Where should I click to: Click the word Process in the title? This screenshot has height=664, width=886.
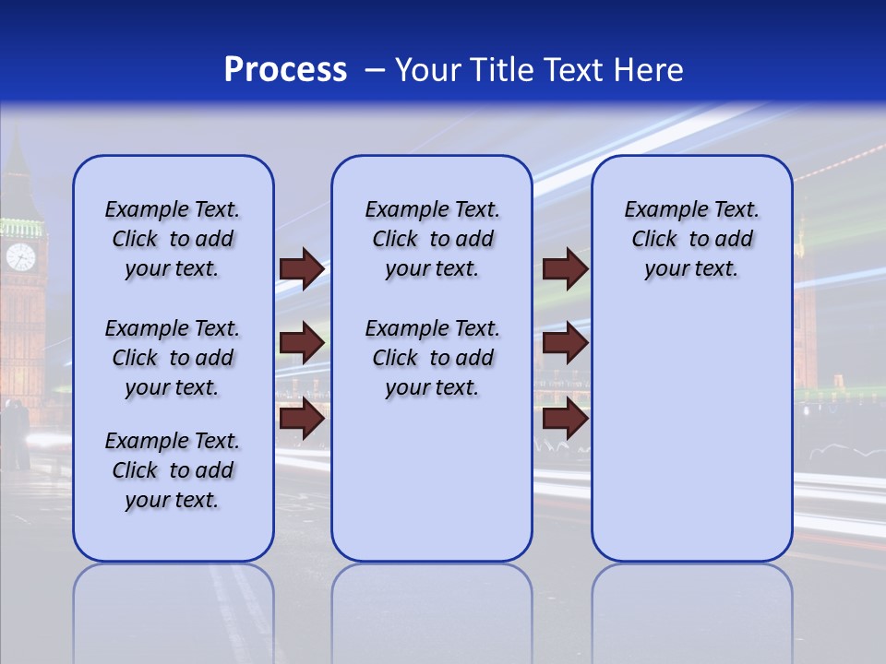(x=285, y=70)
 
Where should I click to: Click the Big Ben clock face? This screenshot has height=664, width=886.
(x=20, y=256)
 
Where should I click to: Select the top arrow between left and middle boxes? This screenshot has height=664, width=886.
(x=302, y=268)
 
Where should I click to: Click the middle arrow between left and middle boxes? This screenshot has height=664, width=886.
(x=302, y=344)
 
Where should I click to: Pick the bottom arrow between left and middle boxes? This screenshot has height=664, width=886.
(x=302, y=420)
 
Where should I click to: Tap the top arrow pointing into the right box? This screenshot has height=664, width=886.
(x=565, y=268)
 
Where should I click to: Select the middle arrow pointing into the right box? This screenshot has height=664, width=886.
(x=565, y=344)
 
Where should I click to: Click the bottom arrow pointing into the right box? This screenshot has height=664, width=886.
(x=565, y=420)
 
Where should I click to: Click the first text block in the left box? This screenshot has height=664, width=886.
(x=173, y=239)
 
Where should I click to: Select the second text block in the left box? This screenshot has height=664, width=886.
(x=173, y=358)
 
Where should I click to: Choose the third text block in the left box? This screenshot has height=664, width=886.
(x=173, y=470)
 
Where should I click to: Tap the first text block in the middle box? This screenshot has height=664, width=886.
(x=432, y=239)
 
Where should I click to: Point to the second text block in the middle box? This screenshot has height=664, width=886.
(x=432, y=358)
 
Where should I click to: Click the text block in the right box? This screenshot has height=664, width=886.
(x=691, y=239)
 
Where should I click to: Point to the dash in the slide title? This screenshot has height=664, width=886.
(x=375, y=71)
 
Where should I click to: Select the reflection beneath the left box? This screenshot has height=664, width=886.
(x=174, y=609)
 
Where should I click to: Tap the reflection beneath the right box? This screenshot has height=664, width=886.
(x=691, y=609)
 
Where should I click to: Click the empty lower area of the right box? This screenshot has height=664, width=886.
(x=691, y=433)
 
